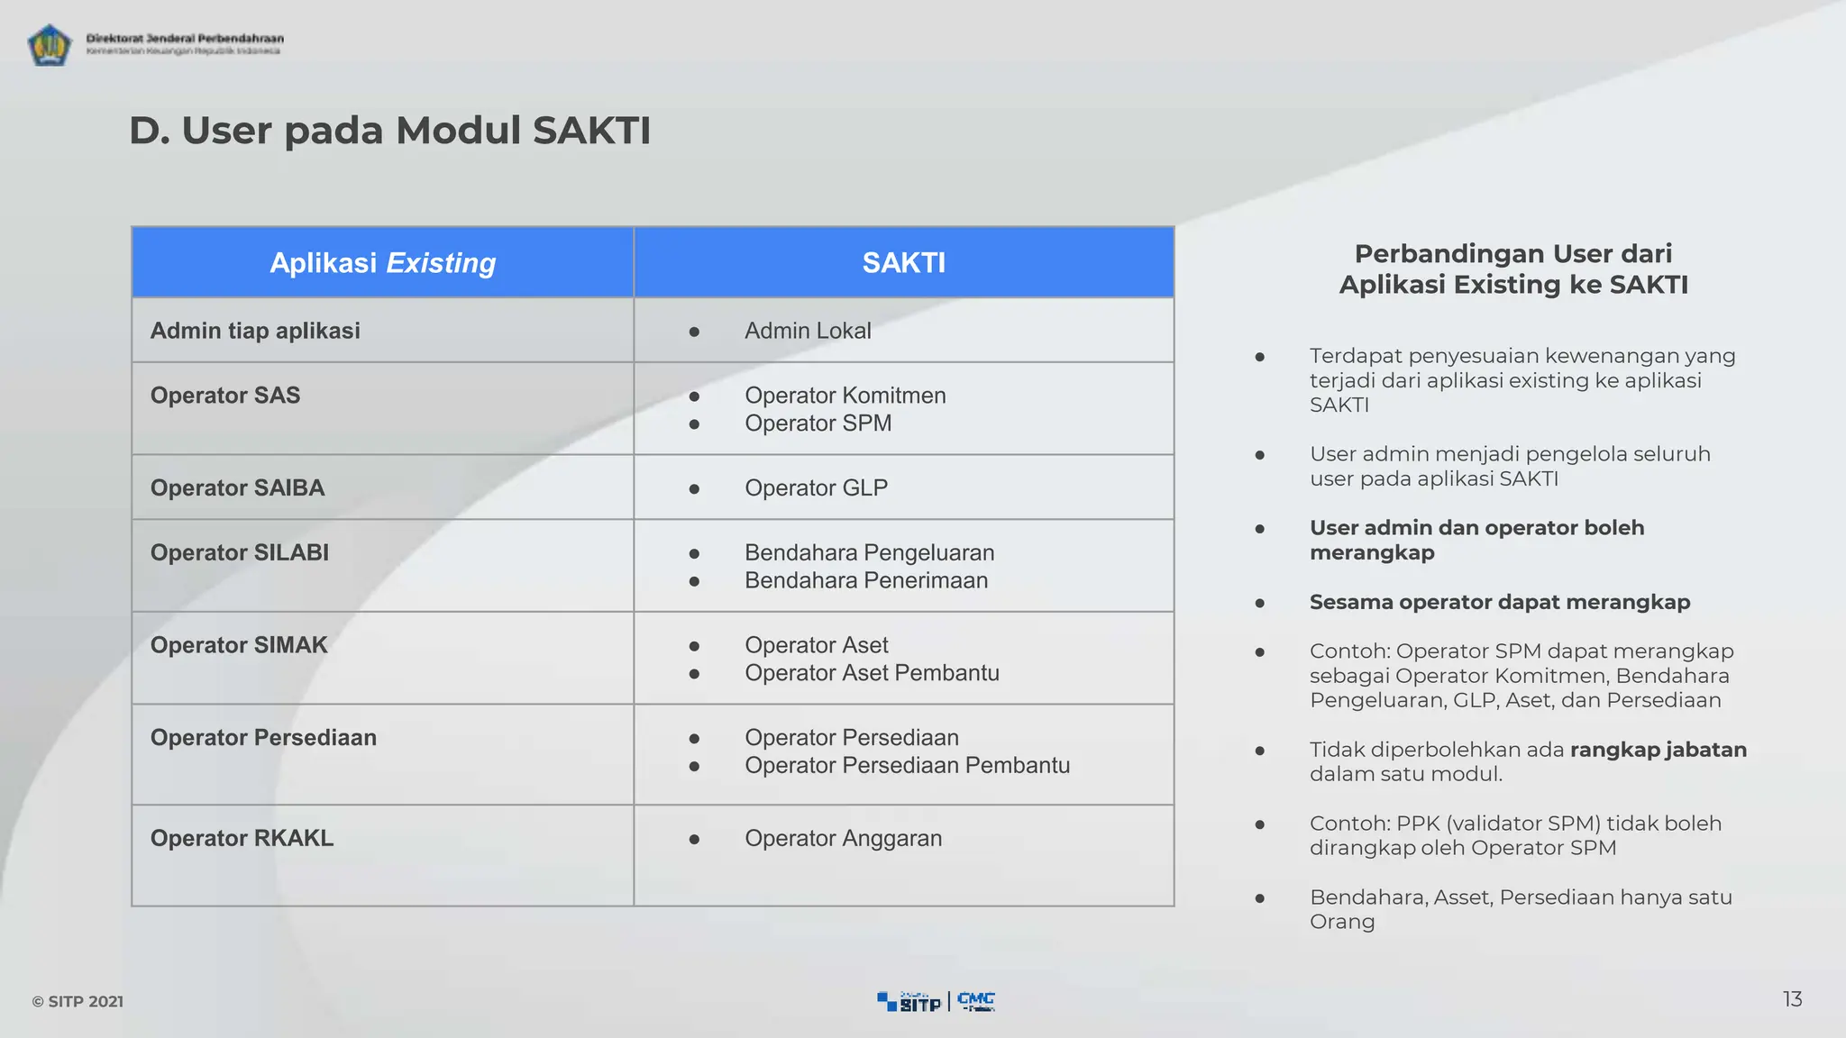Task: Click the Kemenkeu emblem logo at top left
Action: point(49,44)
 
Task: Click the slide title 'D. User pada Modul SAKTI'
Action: point(389,131)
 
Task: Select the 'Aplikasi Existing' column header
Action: point(382,263)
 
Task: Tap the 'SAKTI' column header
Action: point(903,263)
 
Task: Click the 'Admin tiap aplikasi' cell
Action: point(255,331)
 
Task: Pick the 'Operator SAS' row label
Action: point(225,396)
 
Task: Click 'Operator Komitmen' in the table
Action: point(845,396)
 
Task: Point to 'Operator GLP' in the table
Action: point(816,488)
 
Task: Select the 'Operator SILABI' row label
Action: point(239,552)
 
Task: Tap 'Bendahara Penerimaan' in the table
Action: point(865,580)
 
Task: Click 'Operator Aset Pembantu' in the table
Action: point(872,673)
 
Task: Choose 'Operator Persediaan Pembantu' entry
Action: point(907,766)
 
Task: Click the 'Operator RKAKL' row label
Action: point(242,838)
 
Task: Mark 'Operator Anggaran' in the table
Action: point(843,839)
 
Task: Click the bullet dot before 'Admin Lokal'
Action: point(694,332)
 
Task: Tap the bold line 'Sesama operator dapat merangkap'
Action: point(1499,602)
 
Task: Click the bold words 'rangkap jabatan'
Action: point(1658,750)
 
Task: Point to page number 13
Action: point(1792,999)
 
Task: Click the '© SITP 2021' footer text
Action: point(78,1002)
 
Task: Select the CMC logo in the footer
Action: point(975,1001)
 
